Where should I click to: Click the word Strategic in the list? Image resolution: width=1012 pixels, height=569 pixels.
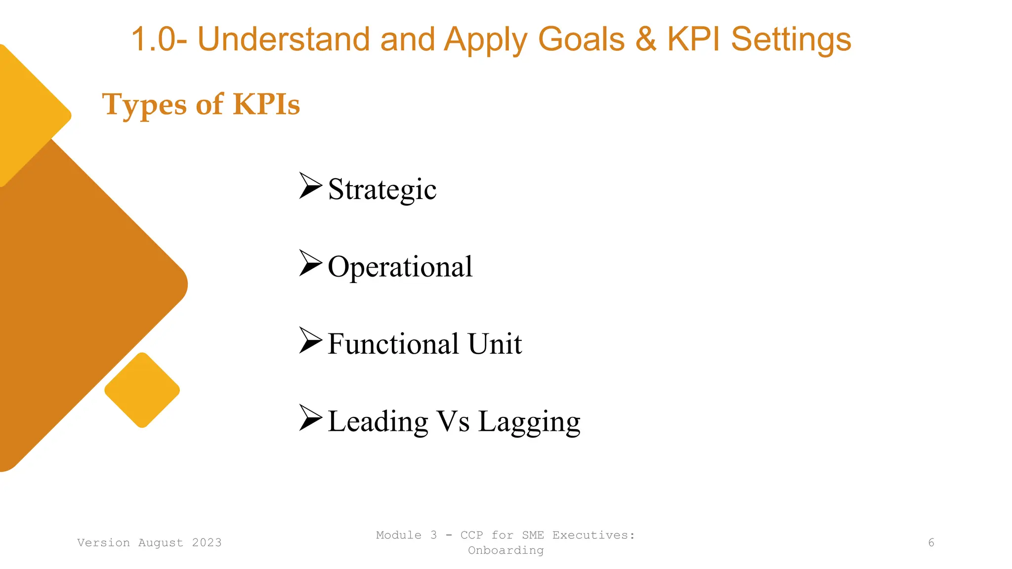pyautogui.click(x=382, y=190)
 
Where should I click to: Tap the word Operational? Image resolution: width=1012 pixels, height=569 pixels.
pyautogui.click(x=400, y=267)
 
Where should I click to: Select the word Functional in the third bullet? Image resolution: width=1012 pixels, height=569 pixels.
pyautogui.click(x=393, y=344)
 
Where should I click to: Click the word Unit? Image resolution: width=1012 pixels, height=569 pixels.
pyautogui.click(x=495, y=344)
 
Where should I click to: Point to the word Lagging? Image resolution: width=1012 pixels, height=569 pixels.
pyautogui.click(x=529, y=422)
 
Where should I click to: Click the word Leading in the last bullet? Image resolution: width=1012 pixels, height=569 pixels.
pyautogui.click(x=378, y=422)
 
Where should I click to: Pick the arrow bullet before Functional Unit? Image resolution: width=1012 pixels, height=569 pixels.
pyautogui.click(x=310, y=340)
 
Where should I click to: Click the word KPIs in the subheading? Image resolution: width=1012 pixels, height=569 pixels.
pyautogui.click(x=266, y=104)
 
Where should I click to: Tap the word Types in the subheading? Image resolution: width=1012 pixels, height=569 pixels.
pyautogui.click(x=144, y=105)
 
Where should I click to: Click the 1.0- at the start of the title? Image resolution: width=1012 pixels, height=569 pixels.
pyautogui.click(x=159, y=39)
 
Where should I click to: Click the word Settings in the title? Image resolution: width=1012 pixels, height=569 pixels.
pyautogui.click(x=791, y=40)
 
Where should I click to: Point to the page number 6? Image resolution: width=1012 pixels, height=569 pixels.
pyautogui.click(x=931, y=543)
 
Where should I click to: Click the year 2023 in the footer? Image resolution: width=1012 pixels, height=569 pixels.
pyautogui.click(x=207, y=543)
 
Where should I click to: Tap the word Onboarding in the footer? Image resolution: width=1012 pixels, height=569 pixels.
pyautogui.click(x=506, y=550)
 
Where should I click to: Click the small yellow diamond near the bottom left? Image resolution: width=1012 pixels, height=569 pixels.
pyautogui.click(x=142, y=390)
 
